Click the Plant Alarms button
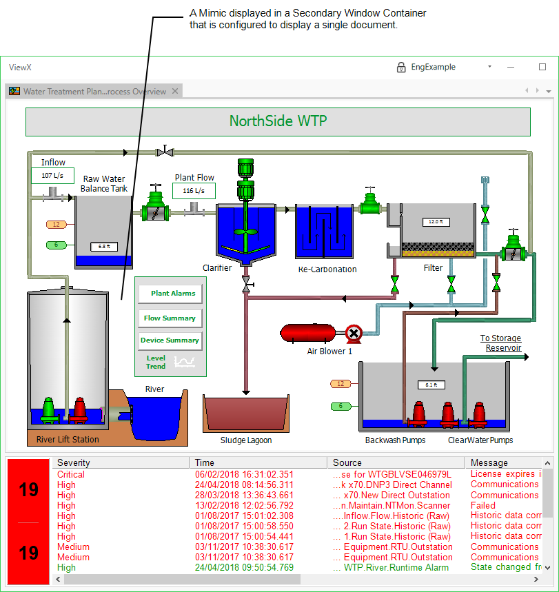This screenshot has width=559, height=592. point(170,294)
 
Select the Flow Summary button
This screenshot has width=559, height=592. point(170,318)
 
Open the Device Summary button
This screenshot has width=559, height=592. point(170,340)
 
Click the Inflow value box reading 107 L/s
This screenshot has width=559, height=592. point(52,176)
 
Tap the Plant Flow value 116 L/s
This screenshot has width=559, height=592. point(194,191)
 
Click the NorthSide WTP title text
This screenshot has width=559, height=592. point(278,122)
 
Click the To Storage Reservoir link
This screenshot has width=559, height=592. point(501,343)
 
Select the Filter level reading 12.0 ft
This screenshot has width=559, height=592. point(434,222)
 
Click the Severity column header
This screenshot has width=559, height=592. point(74,462)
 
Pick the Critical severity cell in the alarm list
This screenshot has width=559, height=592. point(71,474)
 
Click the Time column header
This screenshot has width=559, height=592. point(205,462)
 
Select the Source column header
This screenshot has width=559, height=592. point(347,462)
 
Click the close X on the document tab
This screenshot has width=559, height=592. point(176,91)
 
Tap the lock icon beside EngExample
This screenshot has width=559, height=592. point(401,67)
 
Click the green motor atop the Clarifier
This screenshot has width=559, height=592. point(245,169)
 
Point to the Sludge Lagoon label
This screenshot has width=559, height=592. point(246,440)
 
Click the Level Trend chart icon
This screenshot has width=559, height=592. point(185,361)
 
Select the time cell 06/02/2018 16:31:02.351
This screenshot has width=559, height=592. point(244,474)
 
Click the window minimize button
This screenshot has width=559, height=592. point(511,67)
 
